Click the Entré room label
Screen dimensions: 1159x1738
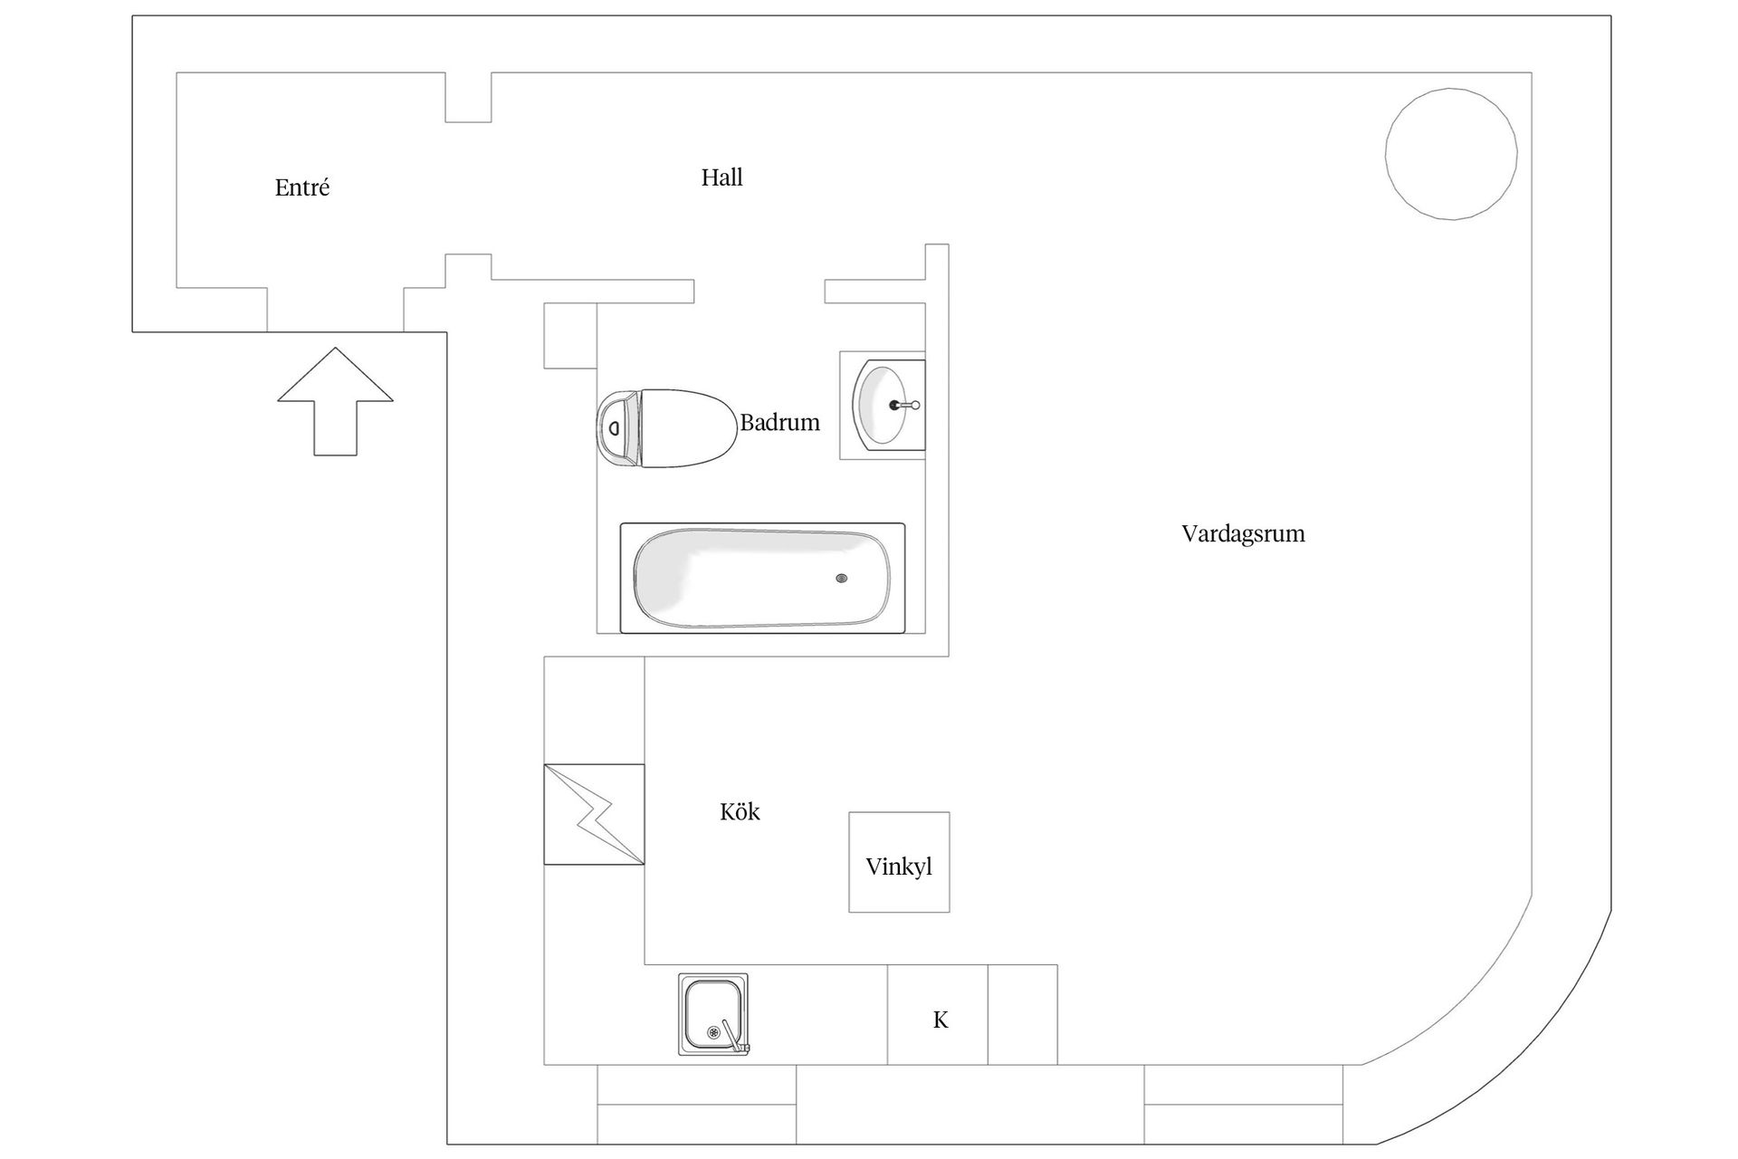(x=302, y=188)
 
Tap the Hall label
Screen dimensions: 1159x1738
(x=721, y=177)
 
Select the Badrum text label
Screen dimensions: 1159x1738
(x=779, y=423)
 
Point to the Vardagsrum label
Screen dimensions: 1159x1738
(x=1243, y=533)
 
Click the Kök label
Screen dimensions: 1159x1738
(x=740, y=812)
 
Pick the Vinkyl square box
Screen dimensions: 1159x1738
(x=899, y=862)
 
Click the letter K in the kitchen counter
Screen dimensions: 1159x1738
(x=941, y=1020)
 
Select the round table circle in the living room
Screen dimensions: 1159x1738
(x=1451, y=154)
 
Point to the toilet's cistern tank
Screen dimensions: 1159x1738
(x=617, y=428)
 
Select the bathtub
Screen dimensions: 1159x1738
(x=762, y=578)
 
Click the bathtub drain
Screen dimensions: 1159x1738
(x=842, y=579)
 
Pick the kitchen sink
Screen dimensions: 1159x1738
(x=713, y=1014)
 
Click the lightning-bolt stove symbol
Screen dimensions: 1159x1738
(x=594, y=814)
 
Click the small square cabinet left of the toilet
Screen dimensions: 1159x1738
(x=570, y=336)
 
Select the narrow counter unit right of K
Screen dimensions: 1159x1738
(x=1022, y=1014)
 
